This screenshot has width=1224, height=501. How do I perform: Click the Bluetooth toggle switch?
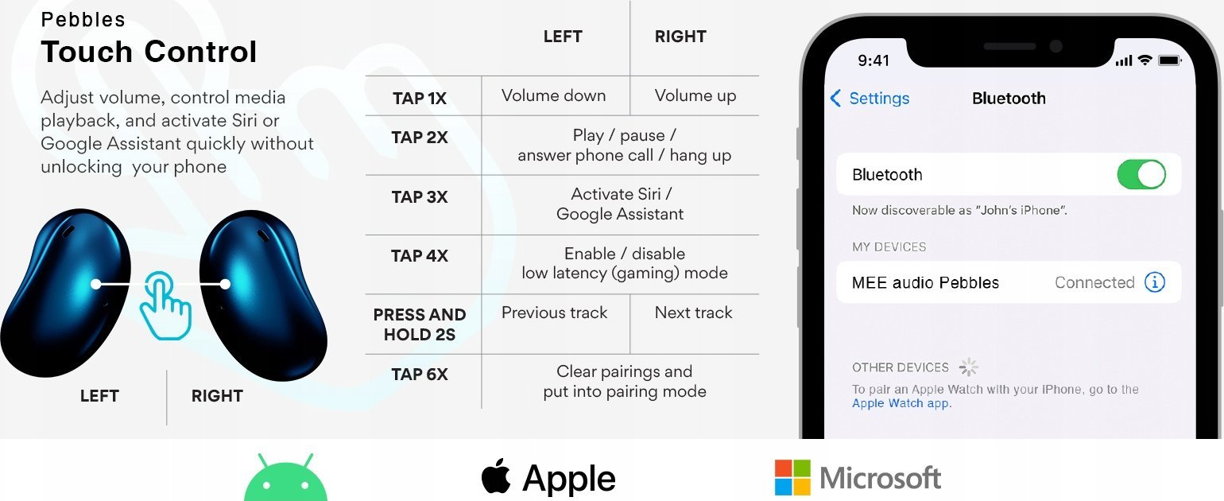pos(1141,174)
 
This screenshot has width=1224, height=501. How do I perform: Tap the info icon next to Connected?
pos(1155,282)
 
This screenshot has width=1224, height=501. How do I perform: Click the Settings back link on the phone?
pos(870,99)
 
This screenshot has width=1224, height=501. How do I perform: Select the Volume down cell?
pos(553,95)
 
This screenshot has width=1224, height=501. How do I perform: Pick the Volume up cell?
pos(695,95)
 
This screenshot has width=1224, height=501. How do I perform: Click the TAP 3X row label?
pos(420,197)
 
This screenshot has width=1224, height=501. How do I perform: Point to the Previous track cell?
pos(554,313)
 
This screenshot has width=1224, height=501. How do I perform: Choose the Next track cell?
pos(693,313)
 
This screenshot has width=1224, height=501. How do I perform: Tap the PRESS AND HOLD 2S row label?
pos(420,324)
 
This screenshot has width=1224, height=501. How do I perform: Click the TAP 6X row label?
pos(420,374)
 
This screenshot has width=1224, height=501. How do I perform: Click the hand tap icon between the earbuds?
pos(165,305)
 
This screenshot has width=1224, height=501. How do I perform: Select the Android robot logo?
pos(285,478)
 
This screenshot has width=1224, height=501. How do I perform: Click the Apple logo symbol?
pos(496,476)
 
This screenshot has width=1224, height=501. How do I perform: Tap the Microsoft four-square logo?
pos(792,477)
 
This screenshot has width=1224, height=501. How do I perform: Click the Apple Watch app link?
pos(901,403)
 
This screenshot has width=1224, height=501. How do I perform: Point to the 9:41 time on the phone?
pos(873,60)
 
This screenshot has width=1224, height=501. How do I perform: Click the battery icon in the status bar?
pos(1170,60)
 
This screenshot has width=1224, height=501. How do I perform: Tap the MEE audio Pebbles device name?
pos(925,282)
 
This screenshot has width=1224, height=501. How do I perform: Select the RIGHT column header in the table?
pos(680,37)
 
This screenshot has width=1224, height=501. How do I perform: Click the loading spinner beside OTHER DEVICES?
pos(968,367)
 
